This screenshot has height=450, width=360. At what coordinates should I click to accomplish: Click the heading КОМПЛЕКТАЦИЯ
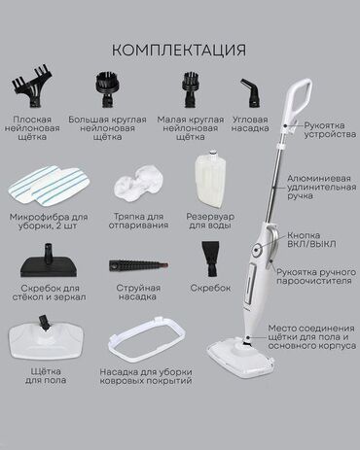click(179, 51)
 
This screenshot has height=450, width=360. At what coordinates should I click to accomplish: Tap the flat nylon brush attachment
click(32, 87)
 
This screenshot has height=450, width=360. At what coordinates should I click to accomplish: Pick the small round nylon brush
click(191, 88)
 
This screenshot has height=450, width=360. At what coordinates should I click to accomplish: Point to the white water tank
click(211, 179)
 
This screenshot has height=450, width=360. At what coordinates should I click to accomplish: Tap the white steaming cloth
click(138, 182)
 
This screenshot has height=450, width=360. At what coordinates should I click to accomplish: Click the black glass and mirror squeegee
click(49, 261)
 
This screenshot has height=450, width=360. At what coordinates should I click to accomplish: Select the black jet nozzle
click(139, 265)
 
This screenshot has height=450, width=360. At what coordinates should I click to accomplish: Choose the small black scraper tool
click(211, 259)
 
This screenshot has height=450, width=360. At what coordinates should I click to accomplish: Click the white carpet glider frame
click(146, 340)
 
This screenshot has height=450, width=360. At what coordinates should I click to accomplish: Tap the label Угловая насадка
click(250, 123)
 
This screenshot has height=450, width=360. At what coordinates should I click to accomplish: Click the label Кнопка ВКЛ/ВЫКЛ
click(311, 240)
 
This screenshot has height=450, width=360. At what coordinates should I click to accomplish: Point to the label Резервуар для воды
click(210, 221)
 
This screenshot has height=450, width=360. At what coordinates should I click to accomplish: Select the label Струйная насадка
click(138, 293)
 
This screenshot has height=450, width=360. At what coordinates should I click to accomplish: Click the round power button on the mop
click(257, 250)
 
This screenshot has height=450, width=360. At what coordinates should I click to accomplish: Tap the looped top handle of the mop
click(299, 100)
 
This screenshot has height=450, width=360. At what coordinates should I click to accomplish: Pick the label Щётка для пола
click(46, 375)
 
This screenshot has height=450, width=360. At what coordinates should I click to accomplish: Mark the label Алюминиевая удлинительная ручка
click(321, 187)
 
